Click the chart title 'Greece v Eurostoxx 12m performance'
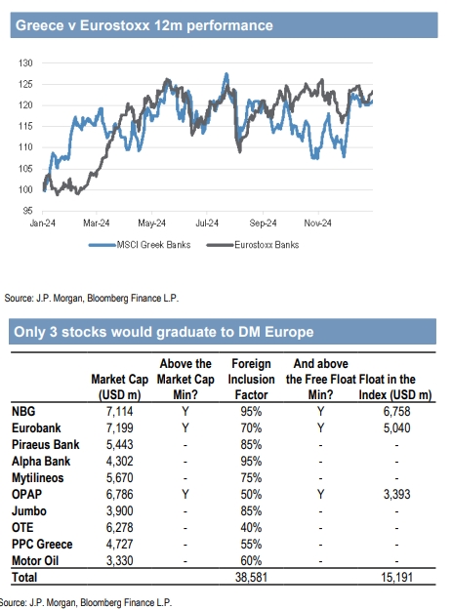click(x=144, y=25)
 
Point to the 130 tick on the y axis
click(x=25, y=62)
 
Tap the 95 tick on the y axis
click(x=27, y=211)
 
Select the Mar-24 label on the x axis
click(x=97, y=223)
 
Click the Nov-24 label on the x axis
click(x=318, y=223)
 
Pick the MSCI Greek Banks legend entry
click(x=140, y=245)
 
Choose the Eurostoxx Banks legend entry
click(x=253, y=245)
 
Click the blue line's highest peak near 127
click(x=226, y=74)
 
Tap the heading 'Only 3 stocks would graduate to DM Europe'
click(x=164, y=332)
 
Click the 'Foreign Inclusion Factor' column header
click(x=252, y=379)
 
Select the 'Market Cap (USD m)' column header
click(x=120, y=386)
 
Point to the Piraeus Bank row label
click(x=46, y=445)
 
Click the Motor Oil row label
click(x=35, y=561)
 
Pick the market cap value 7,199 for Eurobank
click(x=120, y=428)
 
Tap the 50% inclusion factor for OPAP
click(x=251, y=495)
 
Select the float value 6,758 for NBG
click(x=396, y=411)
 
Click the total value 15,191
click(x=396, y=578)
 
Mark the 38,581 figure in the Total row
click(x=251, y=578)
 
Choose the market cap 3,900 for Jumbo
click(x=120, y=511)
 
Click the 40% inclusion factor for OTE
click(x=251, y=527)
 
